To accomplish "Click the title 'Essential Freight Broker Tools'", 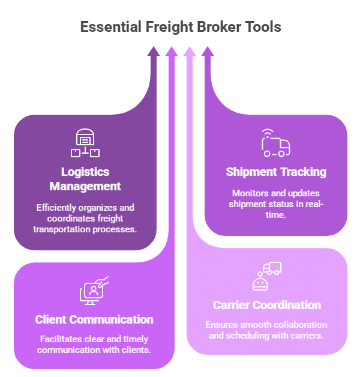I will tap(180, 27).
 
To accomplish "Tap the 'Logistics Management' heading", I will tap(85, 179).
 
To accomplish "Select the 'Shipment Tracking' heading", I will tap(276, 172).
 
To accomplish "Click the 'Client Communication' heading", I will tap(94, 319).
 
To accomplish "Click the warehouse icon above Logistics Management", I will tap(85, 143).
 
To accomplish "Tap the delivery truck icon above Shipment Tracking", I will tap(275, 143).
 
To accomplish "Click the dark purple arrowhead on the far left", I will tap(154, 52).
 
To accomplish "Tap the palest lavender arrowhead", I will tap(190, 52).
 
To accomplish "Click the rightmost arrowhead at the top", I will tap(208, 52).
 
